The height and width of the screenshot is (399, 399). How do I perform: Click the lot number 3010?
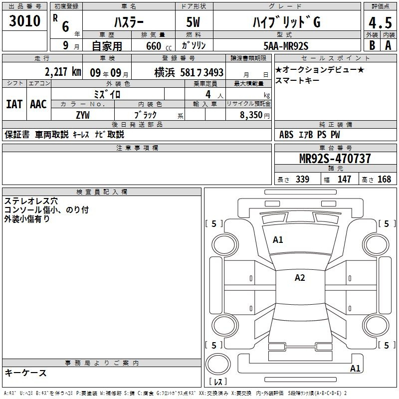tap(24, 21)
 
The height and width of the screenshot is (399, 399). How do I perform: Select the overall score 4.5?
tap(380, 22)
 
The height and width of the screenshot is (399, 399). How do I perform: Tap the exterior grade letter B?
tap(372, 45)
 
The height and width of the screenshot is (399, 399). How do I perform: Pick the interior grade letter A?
tap(388, 45)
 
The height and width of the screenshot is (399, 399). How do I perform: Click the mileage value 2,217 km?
tap(63, 72)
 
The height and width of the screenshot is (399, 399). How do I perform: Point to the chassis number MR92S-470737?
tap(335, 158)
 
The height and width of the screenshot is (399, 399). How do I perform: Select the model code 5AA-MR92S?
tap(286, 46)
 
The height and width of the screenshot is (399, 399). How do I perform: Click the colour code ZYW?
tap(83, 115)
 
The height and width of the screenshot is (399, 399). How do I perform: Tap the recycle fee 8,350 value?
tap(251, 115)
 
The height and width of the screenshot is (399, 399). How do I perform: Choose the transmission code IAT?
tap(14, 104)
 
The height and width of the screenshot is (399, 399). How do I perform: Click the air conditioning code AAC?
tap(38, 104)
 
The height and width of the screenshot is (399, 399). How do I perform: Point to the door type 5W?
tap(193, 22)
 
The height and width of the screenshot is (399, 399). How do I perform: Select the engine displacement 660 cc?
tap(159, 46)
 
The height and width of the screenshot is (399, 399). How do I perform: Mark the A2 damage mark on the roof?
tap(300, 278)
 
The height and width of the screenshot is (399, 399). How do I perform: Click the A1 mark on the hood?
tap(278, 240)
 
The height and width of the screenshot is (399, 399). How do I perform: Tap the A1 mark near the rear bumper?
tap(355, 368)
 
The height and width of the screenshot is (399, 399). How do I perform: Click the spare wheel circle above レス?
tap(218, 364)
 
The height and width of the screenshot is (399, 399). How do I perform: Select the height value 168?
tap(384, 179)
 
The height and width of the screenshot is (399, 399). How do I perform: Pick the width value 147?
tap(344, 179)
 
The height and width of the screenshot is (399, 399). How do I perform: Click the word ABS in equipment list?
tap(286, 135)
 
